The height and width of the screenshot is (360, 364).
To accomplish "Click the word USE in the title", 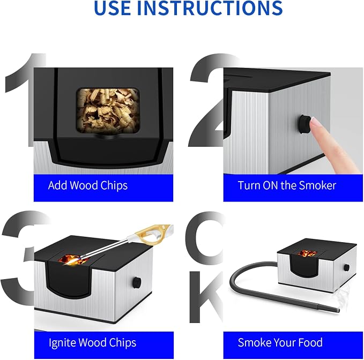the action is click(x=112, y=7).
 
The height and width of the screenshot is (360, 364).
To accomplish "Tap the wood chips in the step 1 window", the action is click(x=108, y=110).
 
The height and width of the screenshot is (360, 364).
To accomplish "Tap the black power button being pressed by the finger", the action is click(x=304, y=124).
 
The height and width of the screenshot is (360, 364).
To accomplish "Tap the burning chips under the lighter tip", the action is click(x=73, y=260).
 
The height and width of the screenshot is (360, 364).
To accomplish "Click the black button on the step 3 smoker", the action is click(x=137, y=282).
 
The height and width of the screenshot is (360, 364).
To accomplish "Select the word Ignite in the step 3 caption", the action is click(x=62, y=343).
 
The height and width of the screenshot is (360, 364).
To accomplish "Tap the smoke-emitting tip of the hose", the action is click(x=336, y=310).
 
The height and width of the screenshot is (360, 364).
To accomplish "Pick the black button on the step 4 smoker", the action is click(x=347, y=267).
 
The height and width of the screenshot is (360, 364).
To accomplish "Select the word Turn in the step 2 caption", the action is click(x=249, y=185).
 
